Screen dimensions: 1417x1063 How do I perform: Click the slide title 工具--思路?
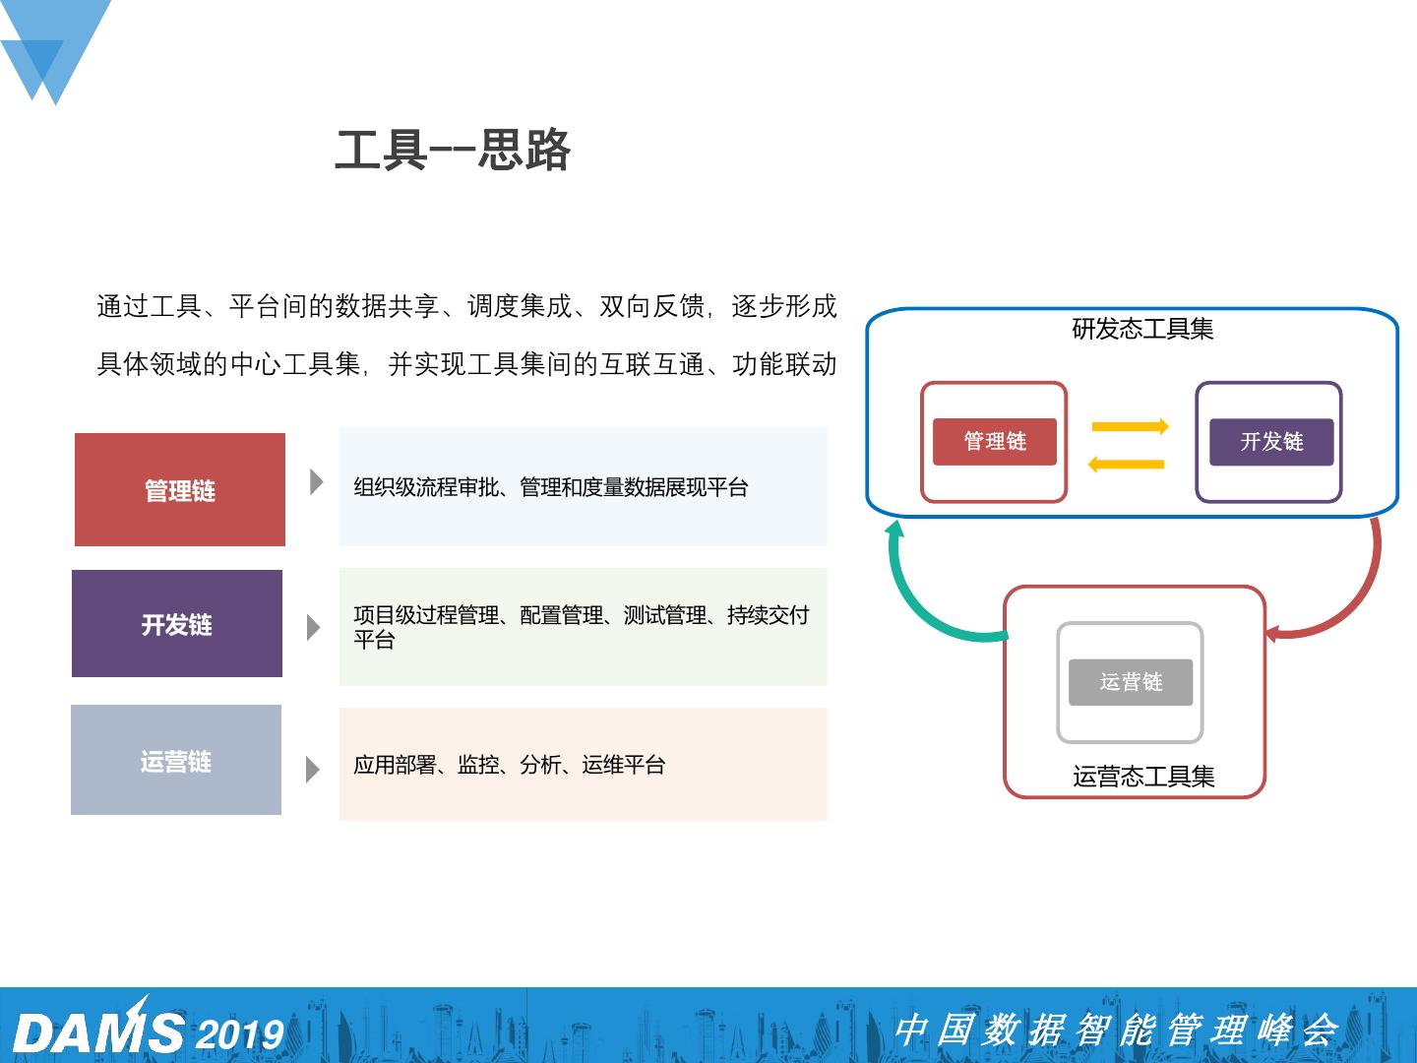[453, 151]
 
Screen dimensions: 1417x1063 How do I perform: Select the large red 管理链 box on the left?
[180, 489]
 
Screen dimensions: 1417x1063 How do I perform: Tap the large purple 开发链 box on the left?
[177, 624]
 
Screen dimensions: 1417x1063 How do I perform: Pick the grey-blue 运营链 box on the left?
[176, 760]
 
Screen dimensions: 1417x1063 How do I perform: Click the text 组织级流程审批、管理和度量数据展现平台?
[551, 487]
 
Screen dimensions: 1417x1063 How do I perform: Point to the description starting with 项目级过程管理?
[581, 627]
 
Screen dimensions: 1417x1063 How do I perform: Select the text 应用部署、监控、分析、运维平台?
[510, 765]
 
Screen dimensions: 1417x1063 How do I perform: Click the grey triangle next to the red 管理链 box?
[316, 482]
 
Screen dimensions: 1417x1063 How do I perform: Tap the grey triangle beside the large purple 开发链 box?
[314, 627]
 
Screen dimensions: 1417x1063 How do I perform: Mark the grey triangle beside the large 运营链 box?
[313, 769]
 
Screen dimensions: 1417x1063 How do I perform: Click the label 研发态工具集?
[1142, 329]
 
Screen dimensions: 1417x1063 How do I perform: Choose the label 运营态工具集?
[1143, 777]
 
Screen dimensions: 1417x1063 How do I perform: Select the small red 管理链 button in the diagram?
[995, 441]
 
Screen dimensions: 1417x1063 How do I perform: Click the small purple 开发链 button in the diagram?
[1271, 441]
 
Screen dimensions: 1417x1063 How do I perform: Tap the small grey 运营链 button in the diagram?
[1131, 682]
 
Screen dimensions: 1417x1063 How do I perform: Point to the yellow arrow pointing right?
[1130, 426]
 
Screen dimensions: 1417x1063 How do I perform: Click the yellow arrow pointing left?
[1127, 464]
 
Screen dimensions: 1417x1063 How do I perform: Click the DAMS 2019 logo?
[148, 1030]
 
